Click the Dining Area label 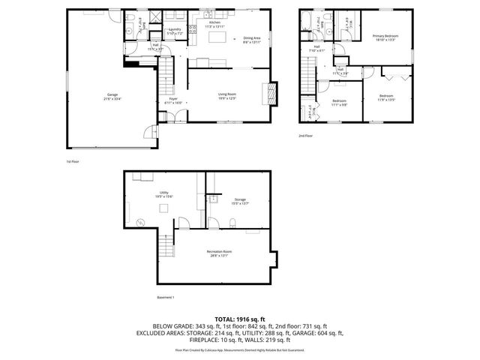[x=252, y=40]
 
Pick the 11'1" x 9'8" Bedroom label [x=340, y=102]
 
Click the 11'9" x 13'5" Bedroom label [x=386, y=97]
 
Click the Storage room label [x=239, y=201]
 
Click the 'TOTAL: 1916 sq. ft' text [x=239, y=319]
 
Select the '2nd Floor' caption [x=305, y=136]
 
